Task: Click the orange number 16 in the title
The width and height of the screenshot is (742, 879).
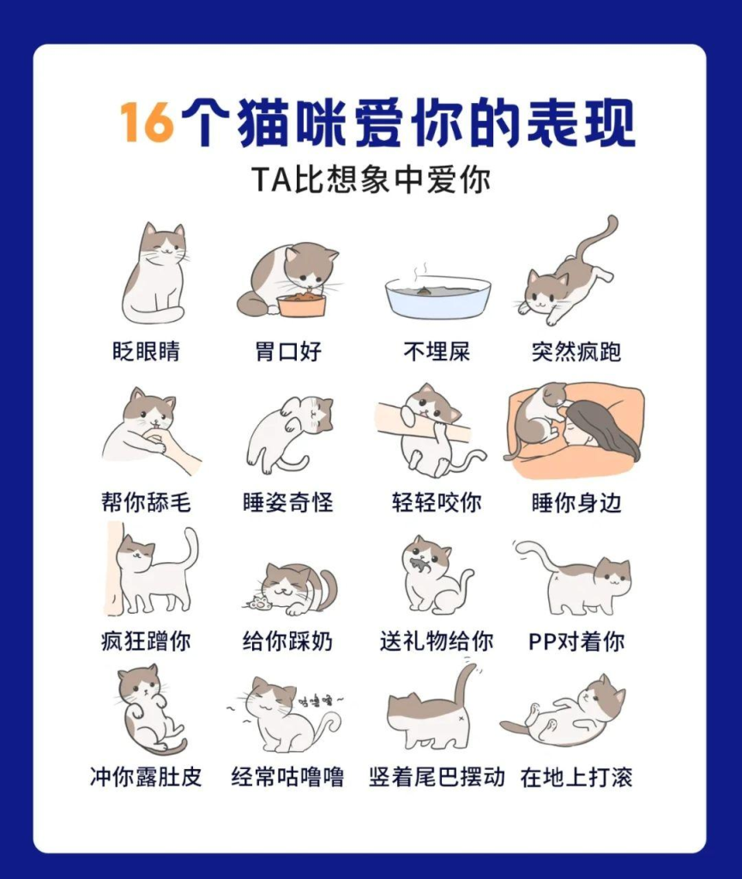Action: tap(147, 122)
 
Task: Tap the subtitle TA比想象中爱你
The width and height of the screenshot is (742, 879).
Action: tap(371, 180)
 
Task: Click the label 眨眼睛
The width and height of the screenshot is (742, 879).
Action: tap(146, 351)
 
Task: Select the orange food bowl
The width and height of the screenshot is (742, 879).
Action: tap(301, 306)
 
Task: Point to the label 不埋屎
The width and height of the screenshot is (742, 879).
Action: tap(437, 351)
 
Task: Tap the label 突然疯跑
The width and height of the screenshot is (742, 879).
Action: tap(576, 351)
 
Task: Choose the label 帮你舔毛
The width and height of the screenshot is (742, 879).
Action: tap(146, 501)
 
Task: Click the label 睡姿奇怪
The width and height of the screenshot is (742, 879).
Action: tap(288, 501)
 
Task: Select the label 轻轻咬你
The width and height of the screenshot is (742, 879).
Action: tap(437, 501)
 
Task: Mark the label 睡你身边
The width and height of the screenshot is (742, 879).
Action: tap(576, 501)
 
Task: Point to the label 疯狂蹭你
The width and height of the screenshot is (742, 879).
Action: tap(146, 640)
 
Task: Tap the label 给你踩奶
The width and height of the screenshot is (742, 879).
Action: tap(288, 640)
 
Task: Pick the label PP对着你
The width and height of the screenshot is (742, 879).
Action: tap(576, 640)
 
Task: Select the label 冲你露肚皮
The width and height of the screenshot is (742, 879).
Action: tap(146, 777)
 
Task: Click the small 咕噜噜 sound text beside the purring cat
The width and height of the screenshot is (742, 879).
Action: tap(318, 700)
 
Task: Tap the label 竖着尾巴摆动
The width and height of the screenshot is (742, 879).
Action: tap(437, 777)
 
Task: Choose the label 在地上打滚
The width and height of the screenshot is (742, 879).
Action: tap(576, 777)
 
